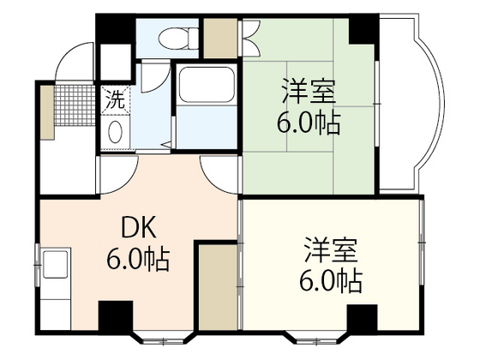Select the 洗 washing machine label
[x=114, y=99]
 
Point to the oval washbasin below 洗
[x=114, y=132]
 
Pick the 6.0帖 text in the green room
[x=309, y=123]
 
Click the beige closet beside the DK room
[x=217, y=286]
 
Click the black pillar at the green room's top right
[x=363, y=31]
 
